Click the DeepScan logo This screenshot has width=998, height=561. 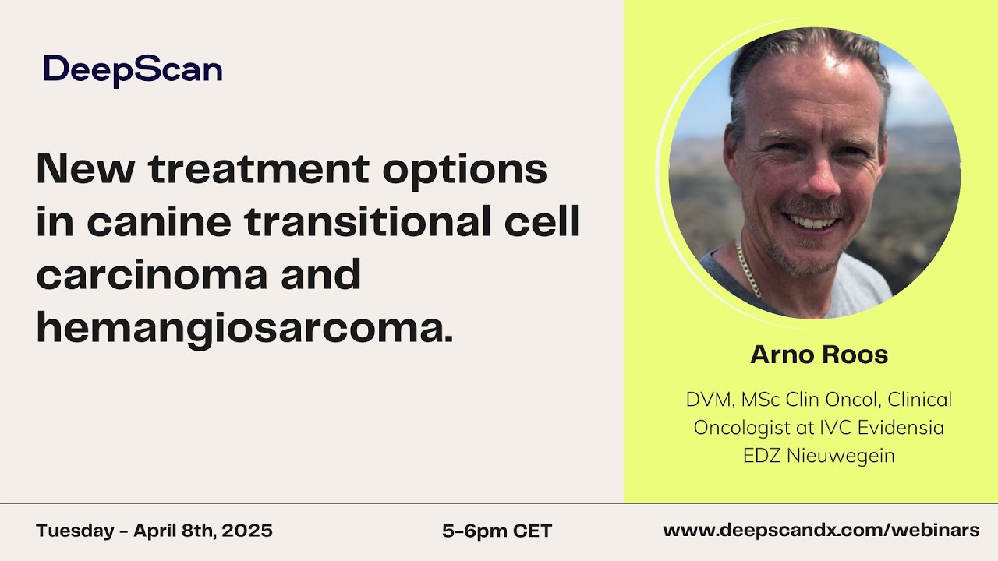133,70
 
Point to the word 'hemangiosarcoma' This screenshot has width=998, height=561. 243,329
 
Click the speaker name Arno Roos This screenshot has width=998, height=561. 819,355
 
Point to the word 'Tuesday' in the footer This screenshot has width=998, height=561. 75,531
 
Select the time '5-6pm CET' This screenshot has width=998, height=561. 497,531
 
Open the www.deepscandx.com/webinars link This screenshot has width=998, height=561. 821,531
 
